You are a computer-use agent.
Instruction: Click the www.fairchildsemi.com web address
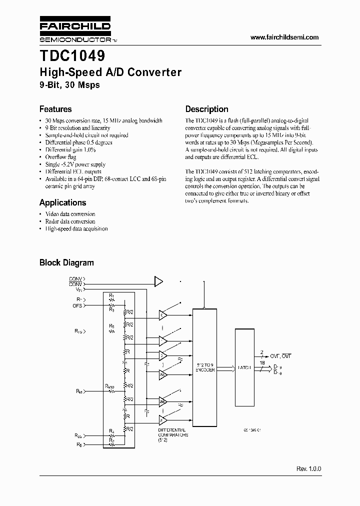point(284,37)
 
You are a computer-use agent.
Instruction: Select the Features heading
point(55,109)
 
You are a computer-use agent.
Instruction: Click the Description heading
point(206,109)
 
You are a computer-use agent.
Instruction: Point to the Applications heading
point(62,202)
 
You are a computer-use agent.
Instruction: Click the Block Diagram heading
point(66,262)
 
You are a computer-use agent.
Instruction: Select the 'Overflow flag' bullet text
point(61,157)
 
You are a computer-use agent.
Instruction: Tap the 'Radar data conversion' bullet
point(70,221)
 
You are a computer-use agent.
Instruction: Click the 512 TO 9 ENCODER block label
point(205,367)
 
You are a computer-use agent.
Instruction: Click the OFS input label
point(77,305)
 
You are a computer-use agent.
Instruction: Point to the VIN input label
point(79,289)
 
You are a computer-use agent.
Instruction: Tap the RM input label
point(79,391)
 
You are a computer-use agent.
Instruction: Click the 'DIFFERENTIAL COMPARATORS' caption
point(172,432)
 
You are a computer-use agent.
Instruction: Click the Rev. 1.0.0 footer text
point(308,469)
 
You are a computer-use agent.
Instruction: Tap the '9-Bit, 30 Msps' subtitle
point(69,85)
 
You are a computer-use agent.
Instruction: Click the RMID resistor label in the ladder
point(110,386)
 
